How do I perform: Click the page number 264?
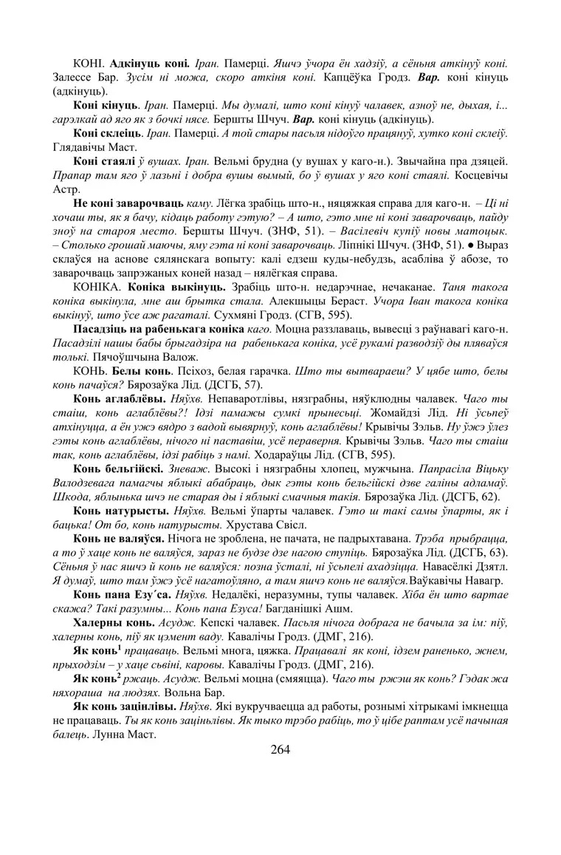(x=280, y=749)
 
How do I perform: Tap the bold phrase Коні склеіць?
(x=106, y=132)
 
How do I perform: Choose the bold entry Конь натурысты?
(x=120, y=511)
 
